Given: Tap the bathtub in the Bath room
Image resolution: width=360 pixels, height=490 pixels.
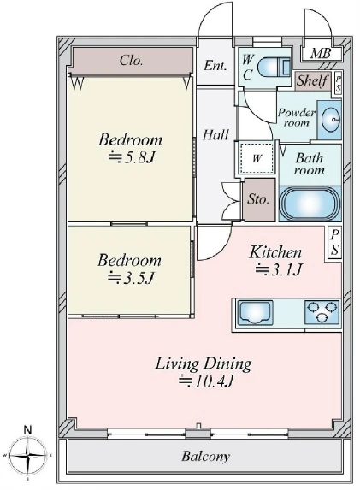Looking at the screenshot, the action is (x=310, y=204).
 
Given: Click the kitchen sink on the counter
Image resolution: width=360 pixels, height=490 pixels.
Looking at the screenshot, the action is (x=255, y=313).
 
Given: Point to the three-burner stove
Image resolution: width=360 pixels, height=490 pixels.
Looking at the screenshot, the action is (x=322, y=312).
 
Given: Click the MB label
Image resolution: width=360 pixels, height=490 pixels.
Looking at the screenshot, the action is (x=321, y=54).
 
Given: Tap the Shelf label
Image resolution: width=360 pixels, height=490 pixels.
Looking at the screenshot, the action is (x=312, y=80).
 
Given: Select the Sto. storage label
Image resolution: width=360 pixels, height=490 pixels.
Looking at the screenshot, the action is (x=258, y=198).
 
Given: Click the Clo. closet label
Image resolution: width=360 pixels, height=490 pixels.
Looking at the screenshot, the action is (x=131, y=61).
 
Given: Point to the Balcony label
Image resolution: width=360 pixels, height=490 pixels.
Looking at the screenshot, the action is (x=205, y=457).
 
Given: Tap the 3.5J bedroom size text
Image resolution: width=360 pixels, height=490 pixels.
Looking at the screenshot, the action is (x=131, y=278).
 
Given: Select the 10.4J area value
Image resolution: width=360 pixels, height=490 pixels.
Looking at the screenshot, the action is (x=206, y=381).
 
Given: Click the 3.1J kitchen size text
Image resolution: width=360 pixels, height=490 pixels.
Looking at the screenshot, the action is (x=279, y=269).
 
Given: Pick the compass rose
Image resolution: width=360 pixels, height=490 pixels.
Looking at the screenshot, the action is (x=28, y=456).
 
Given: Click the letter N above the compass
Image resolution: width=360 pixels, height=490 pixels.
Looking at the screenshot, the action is (x=28, y=430).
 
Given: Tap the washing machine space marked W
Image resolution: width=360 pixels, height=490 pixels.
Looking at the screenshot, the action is (x=257, y=158).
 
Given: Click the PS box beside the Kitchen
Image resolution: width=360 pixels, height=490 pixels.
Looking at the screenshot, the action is (x=334, y=243).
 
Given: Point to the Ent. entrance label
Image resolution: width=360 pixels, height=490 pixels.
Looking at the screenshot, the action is (x=215, y=66).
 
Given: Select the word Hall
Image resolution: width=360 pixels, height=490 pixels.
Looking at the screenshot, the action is (x=215, y=135).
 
